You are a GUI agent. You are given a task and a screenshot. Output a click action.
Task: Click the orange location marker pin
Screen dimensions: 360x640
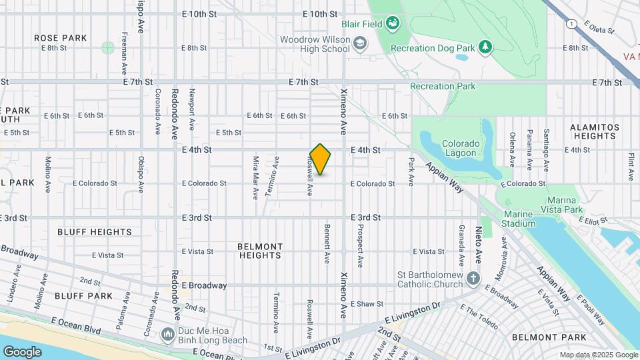320,159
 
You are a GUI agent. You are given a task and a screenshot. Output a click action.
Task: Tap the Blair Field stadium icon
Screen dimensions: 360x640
393,24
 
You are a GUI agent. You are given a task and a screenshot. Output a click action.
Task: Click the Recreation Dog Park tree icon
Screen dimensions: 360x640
487,47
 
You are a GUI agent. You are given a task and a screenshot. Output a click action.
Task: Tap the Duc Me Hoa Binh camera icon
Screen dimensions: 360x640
167,333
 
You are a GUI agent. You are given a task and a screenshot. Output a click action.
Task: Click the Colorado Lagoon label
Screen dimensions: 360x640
460,148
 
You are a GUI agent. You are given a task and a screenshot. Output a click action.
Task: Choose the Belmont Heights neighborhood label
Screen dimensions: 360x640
260,251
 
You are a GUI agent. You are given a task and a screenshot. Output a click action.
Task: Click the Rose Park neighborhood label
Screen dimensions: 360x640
61,38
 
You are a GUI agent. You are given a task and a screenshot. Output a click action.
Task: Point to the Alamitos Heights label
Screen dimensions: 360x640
595,131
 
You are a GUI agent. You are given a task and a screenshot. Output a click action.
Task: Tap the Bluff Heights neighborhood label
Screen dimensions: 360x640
95,232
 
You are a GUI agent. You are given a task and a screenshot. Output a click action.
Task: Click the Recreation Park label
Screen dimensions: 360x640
443,86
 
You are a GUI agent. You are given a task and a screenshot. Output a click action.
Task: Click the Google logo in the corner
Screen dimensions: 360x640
22,351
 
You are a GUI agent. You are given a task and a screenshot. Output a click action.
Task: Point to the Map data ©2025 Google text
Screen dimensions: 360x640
598,355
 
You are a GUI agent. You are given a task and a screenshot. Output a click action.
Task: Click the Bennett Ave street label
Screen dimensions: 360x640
327,243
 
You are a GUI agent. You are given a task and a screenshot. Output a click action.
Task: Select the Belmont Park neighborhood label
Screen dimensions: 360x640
549,337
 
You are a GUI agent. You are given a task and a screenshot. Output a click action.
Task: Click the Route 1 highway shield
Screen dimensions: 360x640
571,24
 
